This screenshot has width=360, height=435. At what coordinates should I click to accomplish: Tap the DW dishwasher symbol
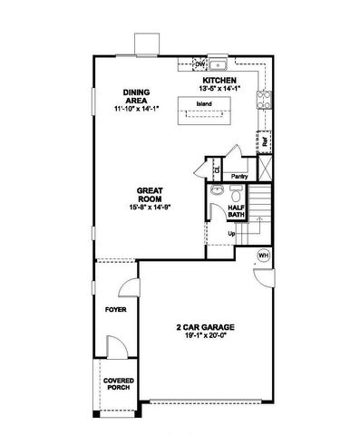(200, 65)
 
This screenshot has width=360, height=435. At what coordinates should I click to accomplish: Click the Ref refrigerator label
(265, 142)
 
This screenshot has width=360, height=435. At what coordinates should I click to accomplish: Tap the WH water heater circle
(264, 255)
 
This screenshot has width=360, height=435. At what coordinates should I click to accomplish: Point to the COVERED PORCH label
(117, 383)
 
